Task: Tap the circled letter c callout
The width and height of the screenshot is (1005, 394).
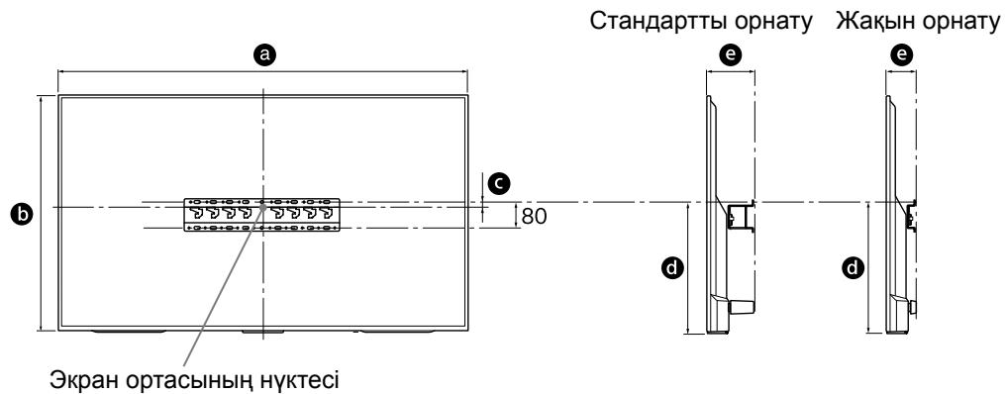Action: click(x=502, y=182)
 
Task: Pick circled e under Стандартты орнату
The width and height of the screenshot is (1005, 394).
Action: click(x=732, y=57)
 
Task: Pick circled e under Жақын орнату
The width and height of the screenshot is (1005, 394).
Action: click(x=901, y=57)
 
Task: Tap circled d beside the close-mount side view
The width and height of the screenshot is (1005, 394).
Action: click(x=851, y=266)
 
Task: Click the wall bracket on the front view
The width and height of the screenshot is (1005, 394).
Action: click(x=263, y=216)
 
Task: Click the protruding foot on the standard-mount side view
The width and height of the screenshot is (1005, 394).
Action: click(x=740, y=307)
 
